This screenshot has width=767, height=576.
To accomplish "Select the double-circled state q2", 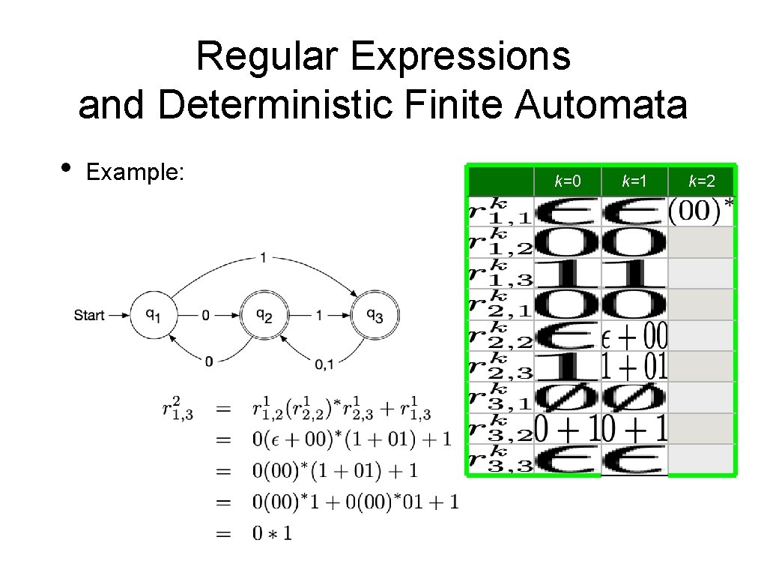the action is tap(264, 316).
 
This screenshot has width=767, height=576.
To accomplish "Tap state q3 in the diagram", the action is tap(375, 316).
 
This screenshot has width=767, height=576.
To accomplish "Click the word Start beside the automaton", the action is tap(89, 316).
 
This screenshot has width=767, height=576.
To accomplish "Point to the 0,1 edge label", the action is tap(324, 364).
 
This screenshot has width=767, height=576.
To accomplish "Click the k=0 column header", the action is tap(567, 181).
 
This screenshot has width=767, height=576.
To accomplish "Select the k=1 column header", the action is tap(634, 181).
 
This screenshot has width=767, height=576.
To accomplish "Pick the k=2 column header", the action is tap(701, 181).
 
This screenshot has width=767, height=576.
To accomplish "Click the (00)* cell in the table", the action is tap(701, 211).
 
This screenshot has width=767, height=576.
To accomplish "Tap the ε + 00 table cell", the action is tap(635, 336).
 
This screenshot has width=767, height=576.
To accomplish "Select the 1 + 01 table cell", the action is tap(635, 367).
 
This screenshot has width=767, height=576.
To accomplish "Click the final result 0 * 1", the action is tap(273, 533).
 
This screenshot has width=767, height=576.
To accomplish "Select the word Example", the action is tap(135, 172).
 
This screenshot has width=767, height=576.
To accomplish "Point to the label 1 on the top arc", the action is tap(263, 257).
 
